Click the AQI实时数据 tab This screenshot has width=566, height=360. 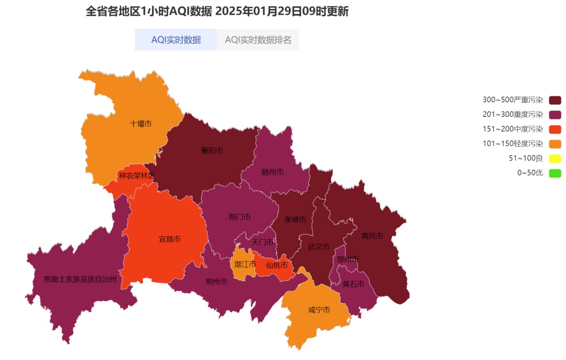point(176,40)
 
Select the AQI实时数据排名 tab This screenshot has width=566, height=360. point(258,40)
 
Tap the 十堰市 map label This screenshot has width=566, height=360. point(140,124)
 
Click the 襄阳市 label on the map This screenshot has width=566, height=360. point(212,150)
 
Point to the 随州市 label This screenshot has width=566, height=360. point(273,172)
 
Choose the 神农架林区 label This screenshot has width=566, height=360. point(136,176)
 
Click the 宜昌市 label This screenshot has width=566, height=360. point(169,239)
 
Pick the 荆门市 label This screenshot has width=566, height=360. point(240,216)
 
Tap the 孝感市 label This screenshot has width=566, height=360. point(295,220)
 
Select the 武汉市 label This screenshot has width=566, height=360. point(319,246)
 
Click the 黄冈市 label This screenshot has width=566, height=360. point(372,236)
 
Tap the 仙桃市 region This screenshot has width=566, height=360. point(276,265)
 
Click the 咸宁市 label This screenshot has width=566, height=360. point(319,310)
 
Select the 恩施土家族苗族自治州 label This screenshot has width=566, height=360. point(80,279)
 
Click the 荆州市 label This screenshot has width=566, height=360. point(216,281)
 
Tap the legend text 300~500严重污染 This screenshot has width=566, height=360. point(513,100)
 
